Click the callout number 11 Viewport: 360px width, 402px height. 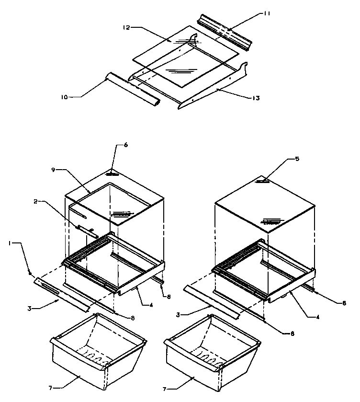[267, 14]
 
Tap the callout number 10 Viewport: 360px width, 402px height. [64, 97]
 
